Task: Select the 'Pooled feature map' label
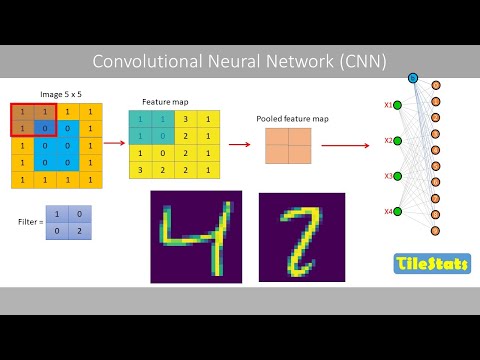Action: coord(289,117)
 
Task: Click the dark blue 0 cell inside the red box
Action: coord(43,128)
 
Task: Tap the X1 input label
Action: coord(388,105)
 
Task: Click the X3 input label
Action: coord(388,176)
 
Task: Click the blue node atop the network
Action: coord(413,77)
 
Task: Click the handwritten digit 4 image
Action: coord(197,237)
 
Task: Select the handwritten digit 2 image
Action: coord(301,237)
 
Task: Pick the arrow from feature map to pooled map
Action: coord(241,144)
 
